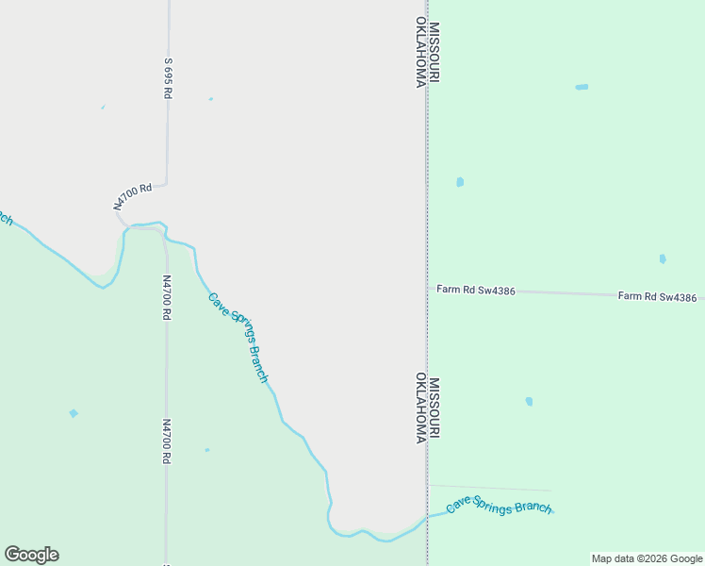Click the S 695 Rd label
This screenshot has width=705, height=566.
[169, 77]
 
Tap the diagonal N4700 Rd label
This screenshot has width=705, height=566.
[132, 197]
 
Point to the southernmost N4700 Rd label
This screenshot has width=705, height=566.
[166, 441]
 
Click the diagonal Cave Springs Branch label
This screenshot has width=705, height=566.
[238, 337]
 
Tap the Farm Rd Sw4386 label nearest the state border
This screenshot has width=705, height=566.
[476, 291]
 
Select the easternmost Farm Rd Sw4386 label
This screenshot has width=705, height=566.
[657, 297]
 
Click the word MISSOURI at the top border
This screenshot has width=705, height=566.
[434, 53]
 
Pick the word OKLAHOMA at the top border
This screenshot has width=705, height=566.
[420, 53]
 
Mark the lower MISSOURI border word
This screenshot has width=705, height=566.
[434, 408]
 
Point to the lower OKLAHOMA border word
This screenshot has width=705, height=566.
[420, 408]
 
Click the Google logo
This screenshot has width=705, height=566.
[31, 555]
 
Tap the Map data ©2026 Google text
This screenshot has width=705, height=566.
[647, 558]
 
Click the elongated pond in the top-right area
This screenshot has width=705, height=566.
[582, 87]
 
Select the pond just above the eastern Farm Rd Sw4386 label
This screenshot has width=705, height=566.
[663, 258]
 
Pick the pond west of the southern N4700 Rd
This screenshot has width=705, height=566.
[74, 413]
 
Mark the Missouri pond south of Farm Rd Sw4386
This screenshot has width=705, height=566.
[529, 401]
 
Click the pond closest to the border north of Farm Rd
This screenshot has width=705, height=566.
[460, 182]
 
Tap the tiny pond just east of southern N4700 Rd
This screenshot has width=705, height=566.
[207, 450]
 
